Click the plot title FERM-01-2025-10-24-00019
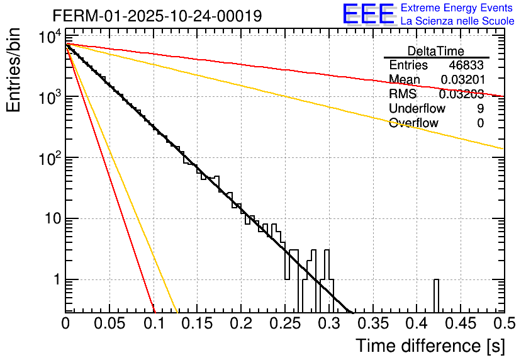(x=157, y=16)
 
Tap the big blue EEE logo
(x=368, y=14)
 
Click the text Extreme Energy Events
(x=457, y=8)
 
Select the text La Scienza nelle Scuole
(x=457, y=21)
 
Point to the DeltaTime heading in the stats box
(x=436, y=51)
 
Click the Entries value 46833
(x=466, y=65)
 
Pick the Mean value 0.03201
(x=462, y=80)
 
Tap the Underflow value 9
(x=480, y=109)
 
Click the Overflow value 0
(x=480, y=123)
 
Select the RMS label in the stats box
(x=403, y=94)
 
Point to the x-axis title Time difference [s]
(x=430, y=346)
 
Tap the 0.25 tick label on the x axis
(x=285, y=323)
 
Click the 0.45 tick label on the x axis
(x=460, y=323)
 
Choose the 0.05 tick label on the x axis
(x=109, y=323)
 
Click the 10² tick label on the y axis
(x=49, y=157)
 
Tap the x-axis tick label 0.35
(x=372, y=323)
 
